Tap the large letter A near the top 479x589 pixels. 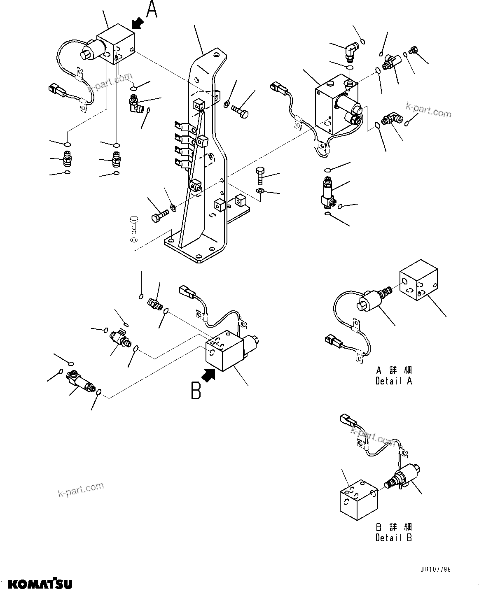click(152, 10)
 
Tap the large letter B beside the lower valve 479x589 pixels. click(196, 391)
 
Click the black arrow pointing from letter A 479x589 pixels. click(138, 23)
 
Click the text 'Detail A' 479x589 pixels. click(393, 381)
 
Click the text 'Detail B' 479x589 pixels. click(393, 538)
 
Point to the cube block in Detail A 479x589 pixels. click(419, 283)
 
